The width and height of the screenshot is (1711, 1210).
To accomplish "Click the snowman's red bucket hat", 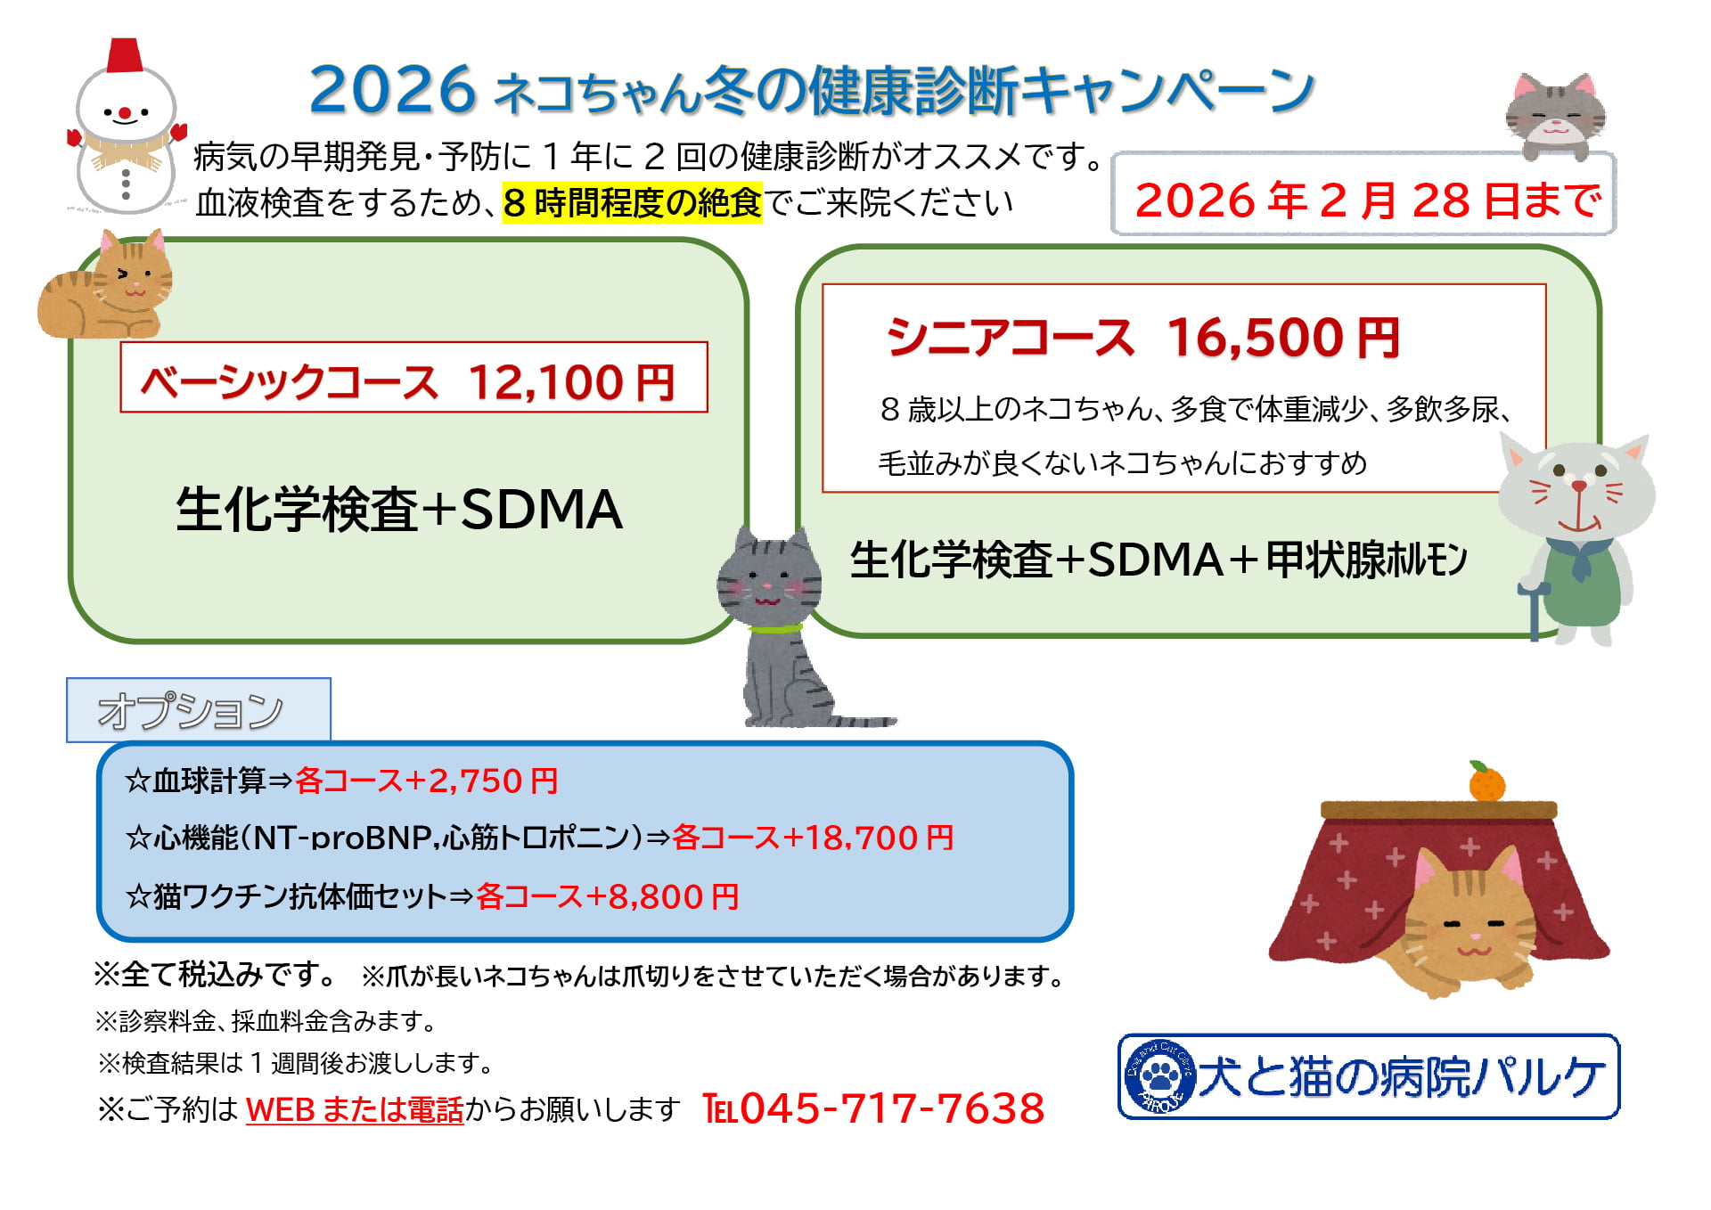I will (125, 56).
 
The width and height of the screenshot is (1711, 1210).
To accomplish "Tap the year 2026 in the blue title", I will (392, 91).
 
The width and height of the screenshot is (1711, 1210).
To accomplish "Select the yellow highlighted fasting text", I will (632, 203).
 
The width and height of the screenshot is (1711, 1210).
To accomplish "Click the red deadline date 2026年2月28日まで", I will (1367, 200).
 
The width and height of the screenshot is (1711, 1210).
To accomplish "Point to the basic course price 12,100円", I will (571, 383).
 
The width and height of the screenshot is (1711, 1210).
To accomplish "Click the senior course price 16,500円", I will (1283, 339).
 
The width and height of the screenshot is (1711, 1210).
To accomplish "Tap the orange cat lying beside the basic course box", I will (105, 290).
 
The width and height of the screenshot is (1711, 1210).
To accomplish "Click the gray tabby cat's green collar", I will (774, 629).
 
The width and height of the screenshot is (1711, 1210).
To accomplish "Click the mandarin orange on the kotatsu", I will (1486, 783).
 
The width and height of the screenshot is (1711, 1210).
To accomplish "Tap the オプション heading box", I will (198, 710).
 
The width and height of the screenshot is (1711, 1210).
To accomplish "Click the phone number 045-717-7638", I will (891, 1109).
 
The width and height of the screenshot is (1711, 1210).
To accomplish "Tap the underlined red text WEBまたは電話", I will (355, 1110).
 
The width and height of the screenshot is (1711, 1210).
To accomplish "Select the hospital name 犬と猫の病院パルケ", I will (1401, 1076).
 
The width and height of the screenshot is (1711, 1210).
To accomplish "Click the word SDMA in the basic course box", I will (541, 510).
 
